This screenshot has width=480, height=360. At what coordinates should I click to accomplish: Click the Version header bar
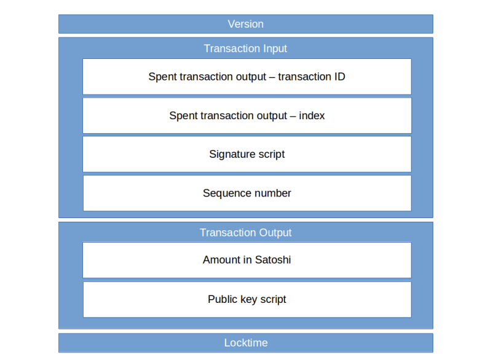[245, 24]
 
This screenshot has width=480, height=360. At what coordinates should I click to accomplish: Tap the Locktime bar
[245, 343]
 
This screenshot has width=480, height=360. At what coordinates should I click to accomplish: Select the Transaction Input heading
[245, 49]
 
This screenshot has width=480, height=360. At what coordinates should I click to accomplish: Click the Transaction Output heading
[245, 232]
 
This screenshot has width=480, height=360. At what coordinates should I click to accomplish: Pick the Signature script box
[246, 154]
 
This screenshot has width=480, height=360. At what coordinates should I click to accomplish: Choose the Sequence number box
[246, 193]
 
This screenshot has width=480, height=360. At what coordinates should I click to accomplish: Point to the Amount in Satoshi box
[246, 260]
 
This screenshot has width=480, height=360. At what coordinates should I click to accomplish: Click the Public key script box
[246, 299]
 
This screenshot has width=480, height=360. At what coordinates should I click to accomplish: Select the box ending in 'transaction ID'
[246, 77]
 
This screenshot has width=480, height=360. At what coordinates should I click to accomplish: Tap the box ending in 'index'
[246, 115]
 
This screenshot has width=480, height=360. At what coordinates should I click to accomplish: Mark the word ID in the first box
[339, 77]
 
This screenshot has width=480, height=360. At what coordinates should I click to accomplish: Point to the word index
[312, 115]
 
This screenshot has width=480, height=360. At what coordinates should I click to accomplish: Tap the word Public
[222, 299]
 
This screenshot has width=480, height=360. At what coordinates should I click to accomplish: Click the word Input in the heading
[273, 49]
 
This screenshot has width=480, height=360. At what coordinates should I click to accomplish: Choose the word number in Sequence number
[270, 193]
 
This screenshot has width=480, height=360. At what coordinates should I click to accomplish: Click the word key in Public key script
[248, 299]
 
